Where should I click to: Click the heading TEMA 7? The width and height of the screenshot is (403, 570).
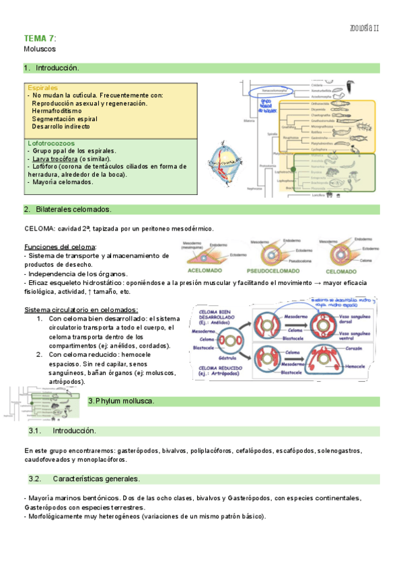pyautogui.click(x=40, y=38)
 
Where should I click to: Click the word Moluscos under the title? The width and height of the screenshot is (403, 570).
pyautogui.click(x=40, y=49)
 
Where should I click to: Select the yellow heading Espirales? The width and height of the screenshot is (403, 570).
pyautogui.click(x=42, y=87)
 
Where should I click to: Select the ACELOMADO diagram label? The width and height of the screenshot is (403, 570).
pyautogui.click(x=206, y=271)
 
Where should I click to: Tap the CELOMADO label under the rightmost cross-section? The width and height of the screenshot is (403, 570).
pyautogui.click(x=350, y=271)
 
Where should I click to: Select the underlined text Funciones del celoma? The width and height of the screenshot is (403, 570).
pyautogui.click(x=60, y=247)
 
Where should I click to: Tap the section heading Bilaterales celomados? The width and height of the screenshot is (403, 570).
pyautogui.click(x=74, y=210)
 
